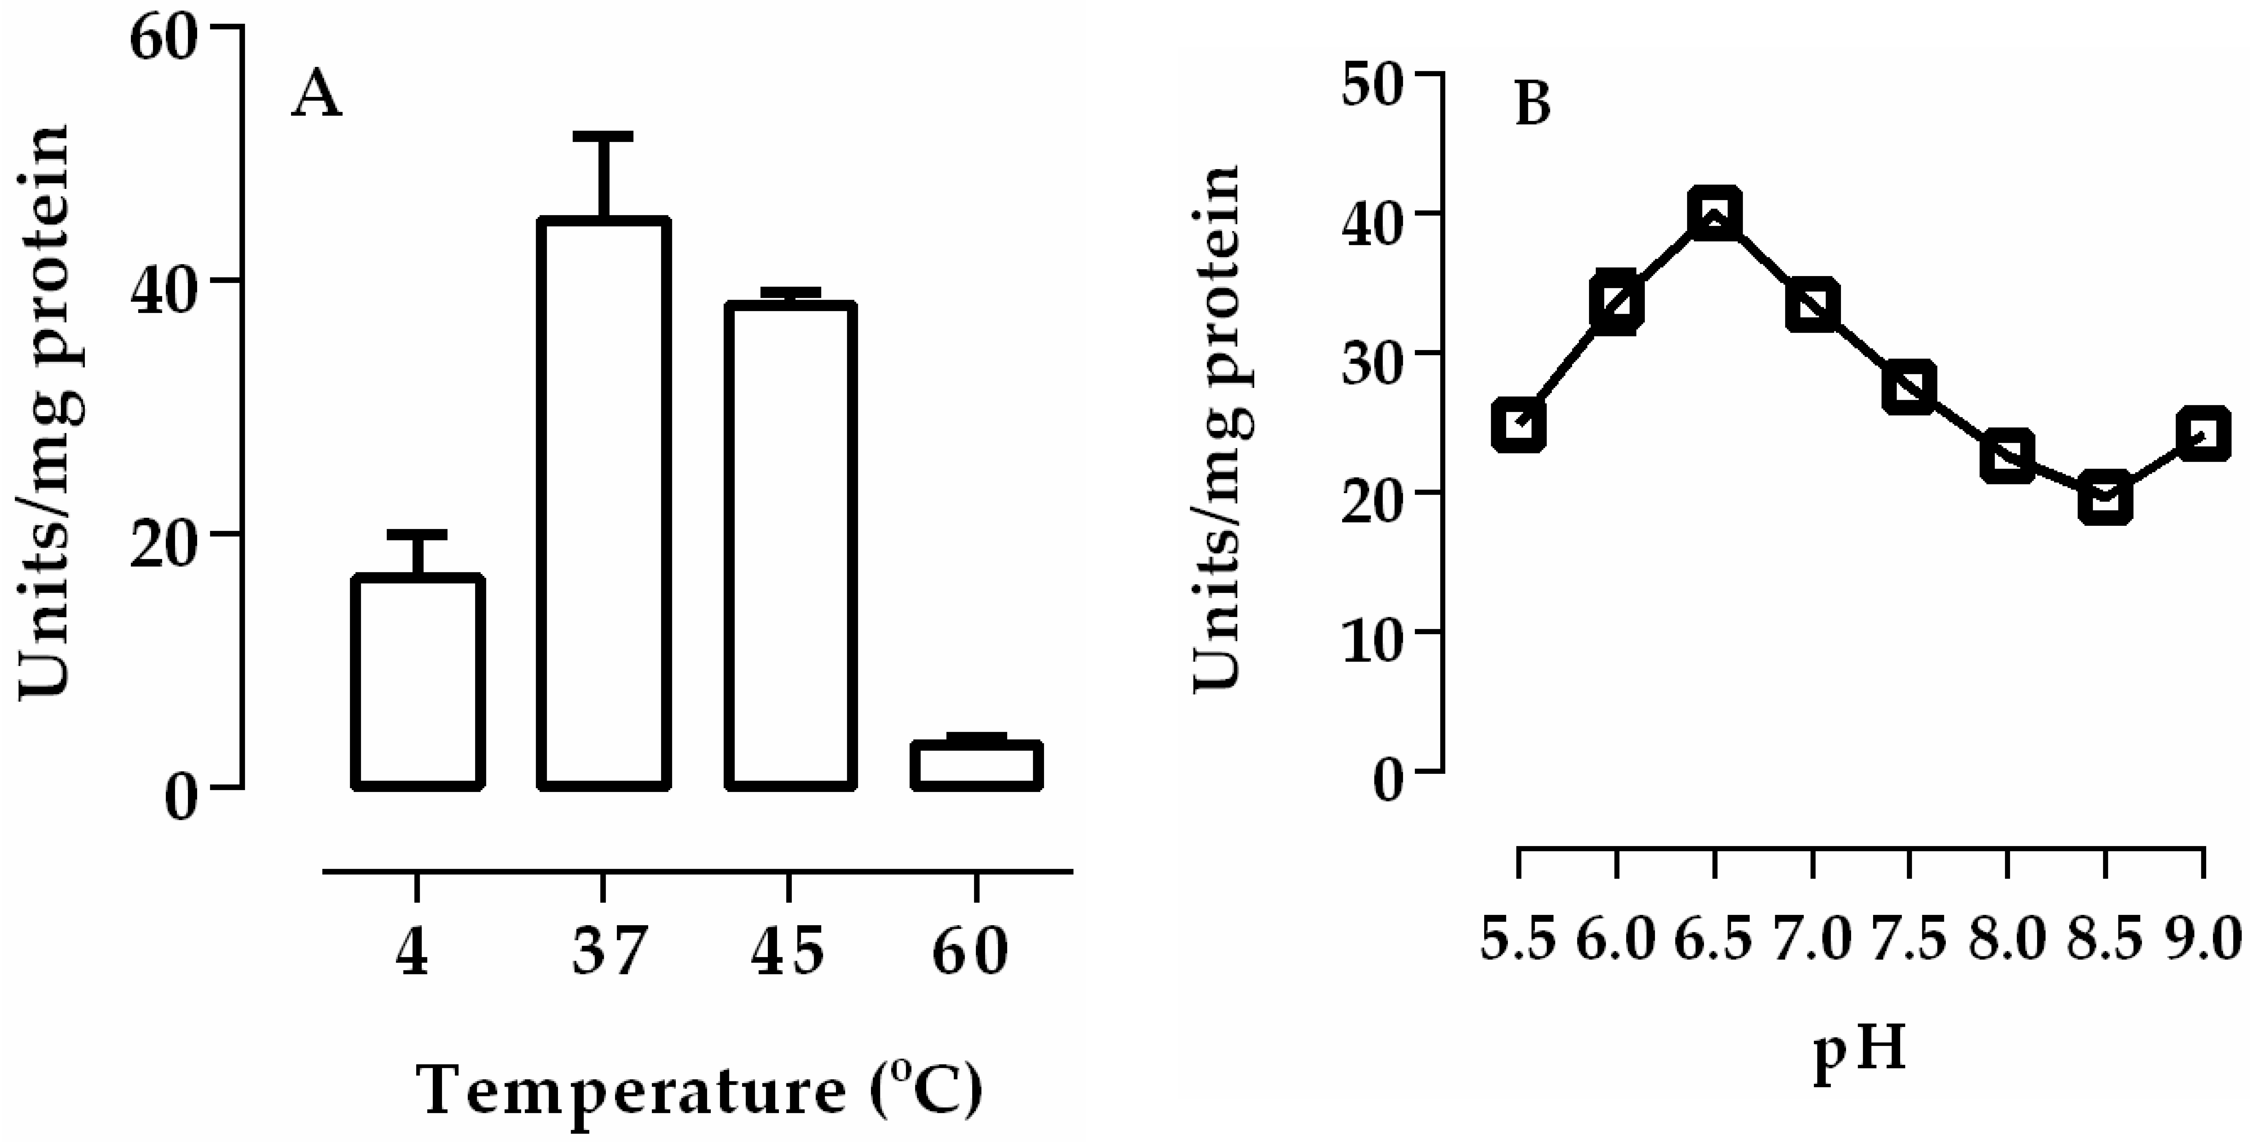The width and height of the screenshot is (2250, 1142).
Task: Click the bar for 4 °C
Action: pyautogui.click(x=418, y=681)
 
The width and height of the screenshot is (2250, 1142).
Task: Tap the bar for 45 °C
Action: pyautogui.click(x=790, y=546)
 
